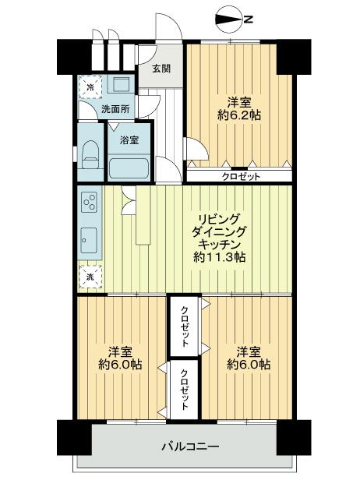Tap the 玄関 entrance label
tap(161, 68)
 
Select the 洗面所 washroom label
tap(116, 109)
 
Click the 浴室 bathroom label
tap(130, 141)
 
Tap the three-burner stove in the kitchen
tap(88, 204)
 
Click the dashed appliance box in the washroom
tap(89, 86)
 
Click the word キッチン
tap(221, 244)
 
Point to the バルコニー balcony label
tap(190, 446)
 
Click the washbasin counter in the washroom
tap(120, 86)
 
